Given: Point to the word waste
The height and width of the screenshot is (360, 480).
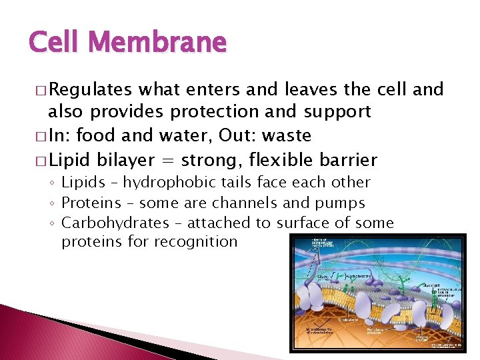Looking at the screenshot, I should [287, 136].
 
